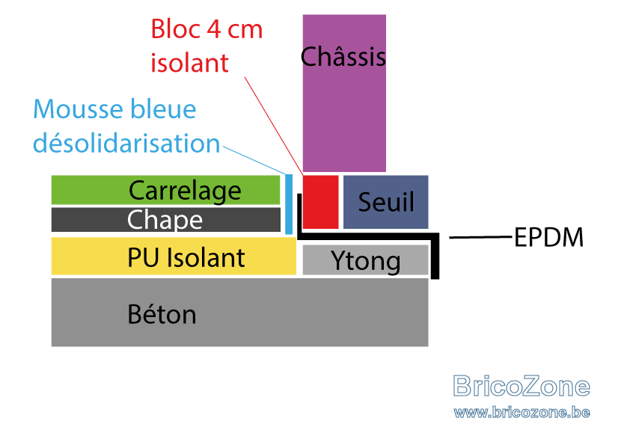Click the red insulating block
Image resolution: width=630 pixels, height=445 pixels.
tap(321, 202)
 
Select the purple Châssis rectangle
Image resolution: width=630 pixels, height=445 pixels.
tap(344, 93)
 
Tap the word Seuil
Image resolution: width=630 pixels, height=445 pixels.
tap(386, 202)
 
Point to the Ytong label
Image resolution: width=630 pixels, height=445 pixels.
tap(366, 261)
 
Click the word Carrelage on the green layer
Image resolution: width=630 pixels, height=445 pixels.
tap(185, 191)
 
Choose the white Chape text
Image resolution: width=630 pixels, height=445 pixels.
tap(165, 220)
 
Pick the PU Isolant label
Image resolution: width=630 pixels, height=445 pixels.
tap(186, 257)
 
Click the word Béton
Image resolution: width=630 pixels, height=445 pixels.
tap(162, 314)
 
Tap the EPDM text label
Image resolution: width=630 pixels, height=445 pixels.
tap(549, 237)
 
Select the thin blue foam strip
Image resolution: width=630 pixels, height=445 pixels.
tap(289, 204)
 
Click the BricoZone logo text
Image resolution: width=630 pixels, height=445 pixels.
tap(522, 386)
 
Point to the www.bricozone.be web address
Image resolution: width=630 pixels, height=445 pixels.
tap(522, 413)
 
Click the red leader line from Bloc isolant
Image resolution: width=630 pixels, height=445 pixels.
tap(274, 126)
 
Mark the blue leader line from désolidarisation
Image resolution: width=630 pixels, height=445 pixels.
tap(254, 161)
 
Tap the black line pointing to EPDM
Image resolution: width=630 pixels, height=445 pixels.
tap(481, 237)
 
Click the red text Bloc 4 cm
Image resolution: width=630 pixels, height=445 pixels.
tap(207, 29)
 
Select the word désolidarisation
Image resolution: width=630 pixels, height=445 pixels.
tap(126, 143)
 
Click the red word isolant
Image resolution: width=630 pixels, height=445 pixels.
tap(189, 63)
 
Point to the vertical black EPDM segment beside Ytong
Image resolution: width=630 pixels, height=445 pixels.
tap(435, 256)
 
